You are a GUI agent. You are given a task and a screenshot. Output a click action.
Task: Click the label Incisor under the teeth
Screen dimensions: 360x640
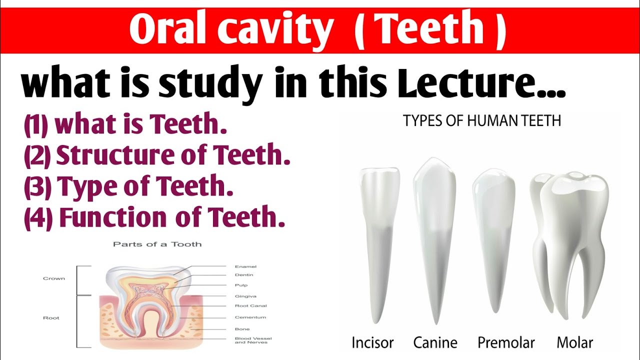click(x=372, y=342)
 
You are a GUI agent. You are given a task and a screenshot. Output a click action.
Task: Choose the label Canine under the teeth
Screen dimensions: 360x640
click(x=435, y=342)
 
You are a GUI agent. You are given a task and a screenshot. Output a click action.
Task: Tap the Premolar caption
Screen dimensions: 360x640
click(x=506, y=342)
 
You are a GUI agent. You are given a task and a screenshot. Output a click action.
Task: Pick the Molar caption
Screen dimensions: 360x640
click(x=574, y=342)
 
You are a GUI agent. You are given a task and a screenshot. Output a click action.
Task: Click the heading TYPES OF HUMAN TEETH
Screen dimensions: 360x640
click(x=482, y=121)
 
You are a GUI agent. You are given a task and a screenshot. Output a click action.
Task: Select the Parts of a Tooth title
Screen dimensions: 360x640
click(x=157, y=244)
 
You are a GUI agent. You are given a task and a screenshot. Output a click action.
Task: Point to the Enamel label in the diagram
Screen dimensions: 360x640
click(x=245, y=267)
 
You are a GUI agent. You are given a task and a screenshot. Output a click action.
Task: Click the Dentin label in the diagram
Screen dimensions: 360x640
click(x=244, y=275)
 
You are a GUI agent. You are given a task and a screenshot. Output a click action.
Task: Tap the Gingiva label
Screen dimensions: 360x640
click(x=245, y=296)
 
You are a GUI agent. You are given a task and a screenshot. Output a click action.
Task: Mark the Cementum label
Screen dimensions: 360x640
click(x=250, y=317)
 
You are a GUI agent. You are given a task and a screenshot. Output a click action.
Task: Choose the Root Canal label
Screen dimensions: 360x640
click(x=250, y=306)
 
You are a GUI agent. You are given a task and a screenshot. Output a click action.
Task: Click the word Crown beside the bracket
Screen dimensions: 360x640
click(x=54, y=278)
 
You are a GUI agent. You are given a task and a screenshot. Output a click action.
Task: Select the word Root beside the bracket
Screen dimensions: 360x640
click(x=51, y=318)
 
